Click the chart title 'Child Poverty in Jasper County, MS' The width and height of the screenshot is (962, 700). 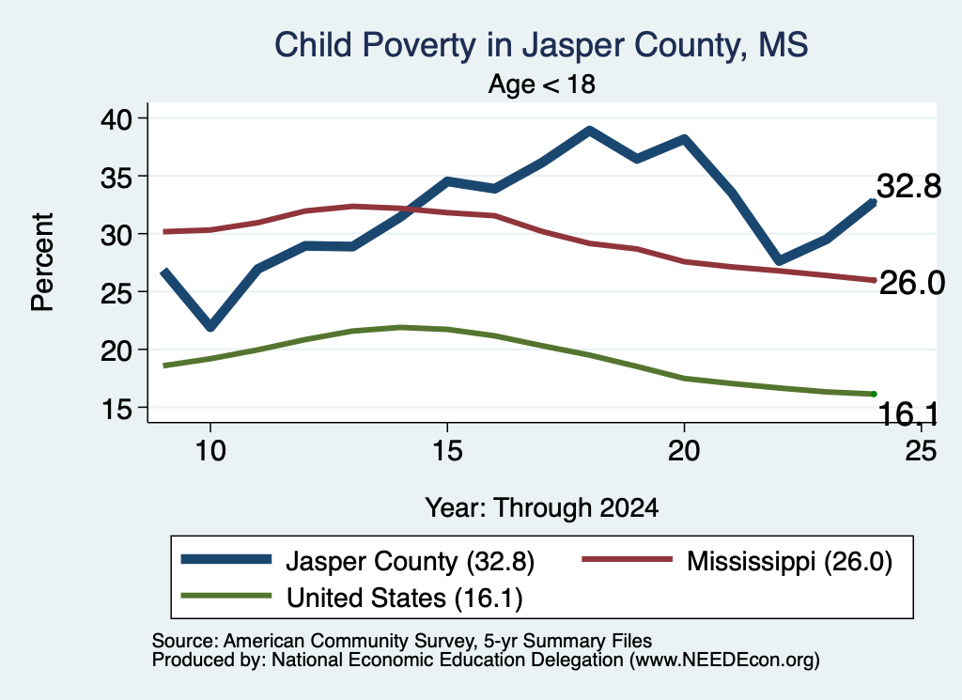[x=540, y=45]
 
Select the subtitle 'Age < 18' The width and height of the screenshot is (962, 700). [x=542, y=84]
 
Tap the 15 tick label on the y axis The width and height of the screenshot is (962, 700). [x=116, y=408]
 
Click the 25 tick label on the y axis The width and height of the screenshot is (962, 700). [x=116, y=292]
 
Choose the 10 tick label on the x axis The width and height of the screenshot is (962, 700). [x=210, y=451]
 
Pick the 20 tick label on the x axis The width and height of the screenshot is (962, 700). [x=684, y=451]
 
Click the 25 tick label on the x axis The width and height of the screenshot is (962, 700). [x=921, y=451]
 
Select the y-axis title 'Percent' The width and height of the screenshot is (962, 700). [x=42, y=262]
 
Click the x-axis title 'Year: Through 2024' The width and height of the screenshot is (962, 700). [x=542, y=508]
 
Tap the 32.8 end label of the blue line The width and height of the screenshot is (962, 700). [x=908, y=186]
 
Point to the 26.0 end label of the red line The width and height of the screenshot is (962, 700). [x=911, y=283]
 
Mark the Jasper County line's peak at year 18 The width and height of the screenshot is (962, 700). [x=589, y=131]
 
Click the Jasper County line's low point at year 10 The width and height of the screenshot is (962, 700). [x=210, y=327]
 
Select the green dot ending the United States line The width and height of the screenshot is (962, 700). [x=873, y=394]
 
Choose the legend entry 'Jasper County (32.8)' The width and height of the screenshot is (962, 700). [x=358, y=561]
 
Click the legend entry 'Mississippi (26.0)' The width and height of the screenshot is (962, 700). [x=737, y=561]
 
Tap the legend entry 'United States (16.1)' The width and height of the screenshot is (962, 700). [x=351, y=598]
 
